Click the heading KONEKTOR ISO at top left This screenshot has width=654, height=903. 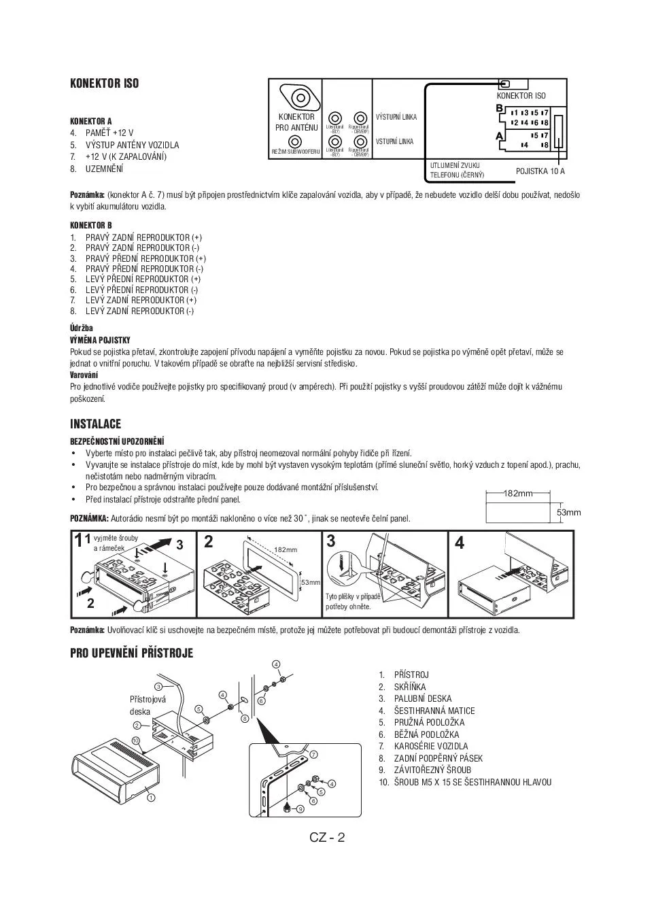coord(104,84)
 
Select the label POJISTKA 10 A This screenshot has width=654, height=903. coord(540,171)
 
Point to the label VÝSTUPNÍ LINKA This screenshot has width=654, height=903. coord(396,117)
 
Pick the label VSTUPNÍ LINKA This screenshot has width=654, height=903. coord(394,141)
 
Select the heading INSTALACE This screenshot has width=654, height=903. coord(95,424)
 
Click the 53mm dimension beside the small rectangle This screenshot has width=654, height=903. coord(569,512)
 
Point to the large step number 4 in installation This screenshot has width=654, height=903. coord(460,543)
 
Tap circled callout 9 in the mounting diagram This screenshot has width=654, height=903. coord(300,808)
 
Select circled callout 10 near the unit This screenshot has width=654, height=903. coord(135,740)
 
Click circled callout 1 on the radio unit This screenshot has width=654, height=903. coord(151,797)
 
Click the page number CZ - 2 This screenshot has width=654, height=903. coord(327,837)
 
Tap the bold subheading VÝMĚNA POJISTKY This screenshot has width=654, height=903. coord(100,340)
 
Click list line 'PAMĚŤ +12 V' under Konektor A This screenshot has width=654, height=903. coord(109,133)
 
